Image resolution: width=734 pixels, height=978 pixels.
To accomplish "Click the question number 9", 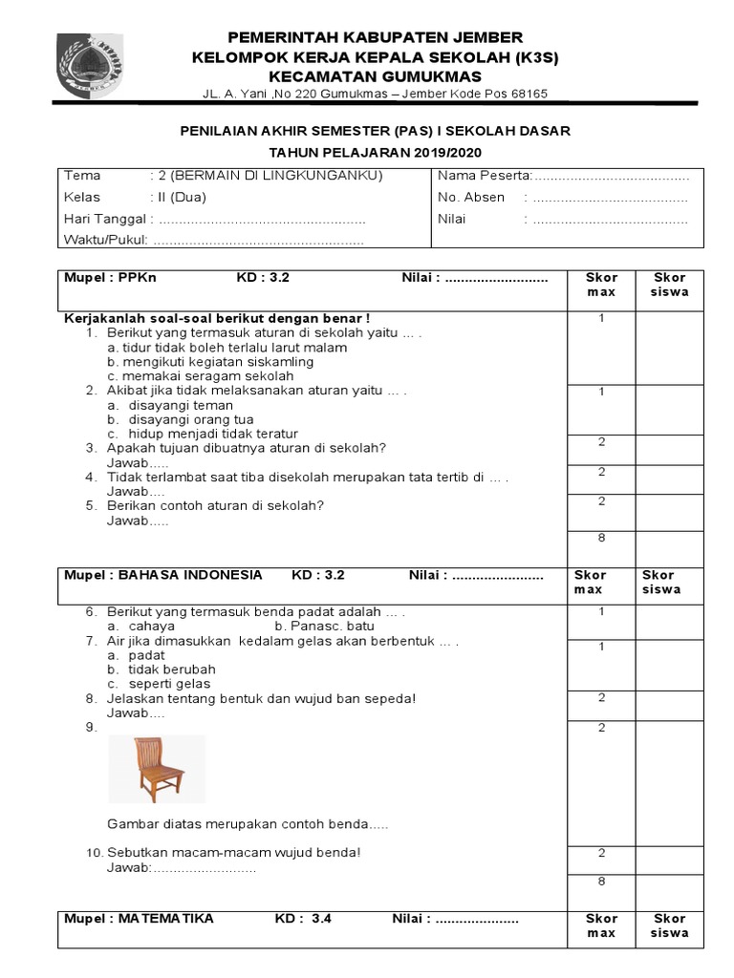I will point(91,727).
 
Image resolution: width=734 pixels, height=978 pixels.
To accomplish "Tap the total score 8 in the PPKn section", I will point(601,538).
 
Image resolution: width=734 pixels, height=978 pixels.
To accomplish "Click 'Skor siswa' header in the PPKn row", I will point(670,285).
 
